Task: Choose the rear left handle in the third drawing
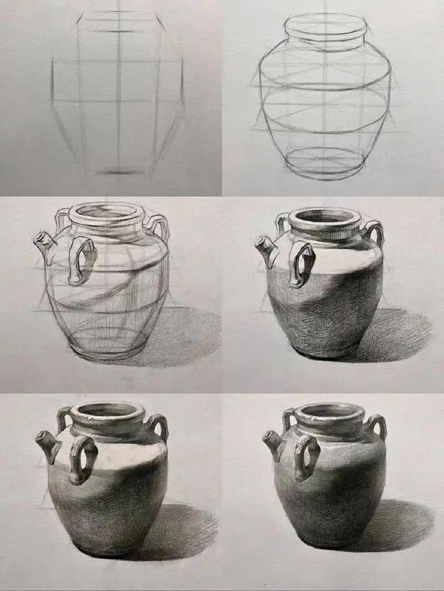(x=61, y=219)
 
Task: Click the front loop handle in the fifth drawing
(x=83, y=459)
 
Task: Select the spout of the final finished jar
(x=274, y=444)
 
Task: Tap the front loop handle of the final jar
(x=307, y=457)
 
